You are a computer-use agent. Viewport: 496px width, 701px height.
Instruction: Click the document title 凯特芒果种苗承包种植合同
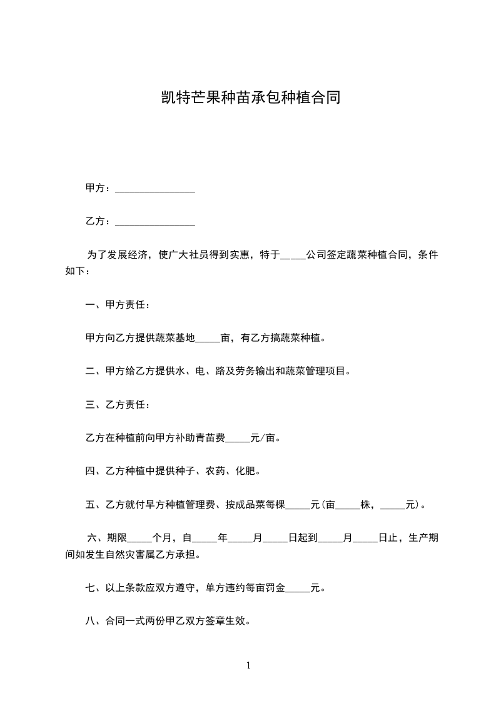248,97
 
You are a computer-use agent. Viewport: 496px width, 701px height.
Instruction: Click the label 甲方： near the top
99,188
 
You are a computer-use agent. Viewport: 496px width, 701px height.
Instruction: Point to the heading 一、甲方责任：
117,306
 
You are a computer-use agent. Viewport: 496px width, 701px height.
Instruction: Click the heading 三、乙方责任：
117,405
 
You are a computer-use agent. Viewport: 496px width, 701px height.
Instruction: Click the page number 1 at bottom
248,666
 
